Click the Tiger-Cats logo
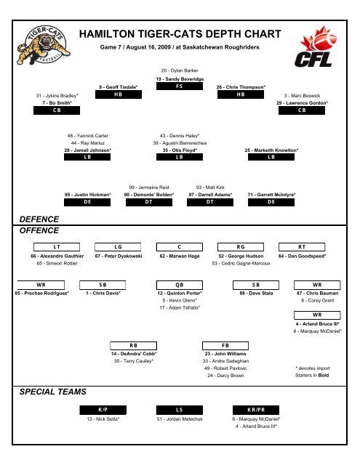pyautogui.click(x=44, y=45)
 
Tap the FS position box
pyautogui.click(x=180, y=86)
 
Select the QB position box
pyautogui.click(x=180, y=285)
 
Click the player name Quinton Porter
pyautogui.click(x=180, y=294)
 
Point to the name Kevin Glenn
pyautogui.click(x=180, y=300)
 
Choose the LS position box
pyautogui.click(x=180, y=410)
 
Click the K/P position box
pyautogui.click(x=103, y=410)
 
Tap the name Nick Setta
pyautogui.click(x=103, y=419)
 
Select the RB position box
pyautogui.click(x=133, y=346)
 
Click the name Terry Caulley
pyautogui.click(x=134, y=361)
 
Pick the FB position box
pyautogui.click(x=225, y=346)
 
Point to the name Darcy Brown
pyautogui.click(x=225, y=376)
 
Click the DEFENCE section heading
pyautogui.click(x=39, y=219)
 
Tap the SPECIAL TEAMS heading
pyautogui.click(x=53, y=392)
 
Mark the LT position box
pyautogui.click(x=57, y=247)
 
